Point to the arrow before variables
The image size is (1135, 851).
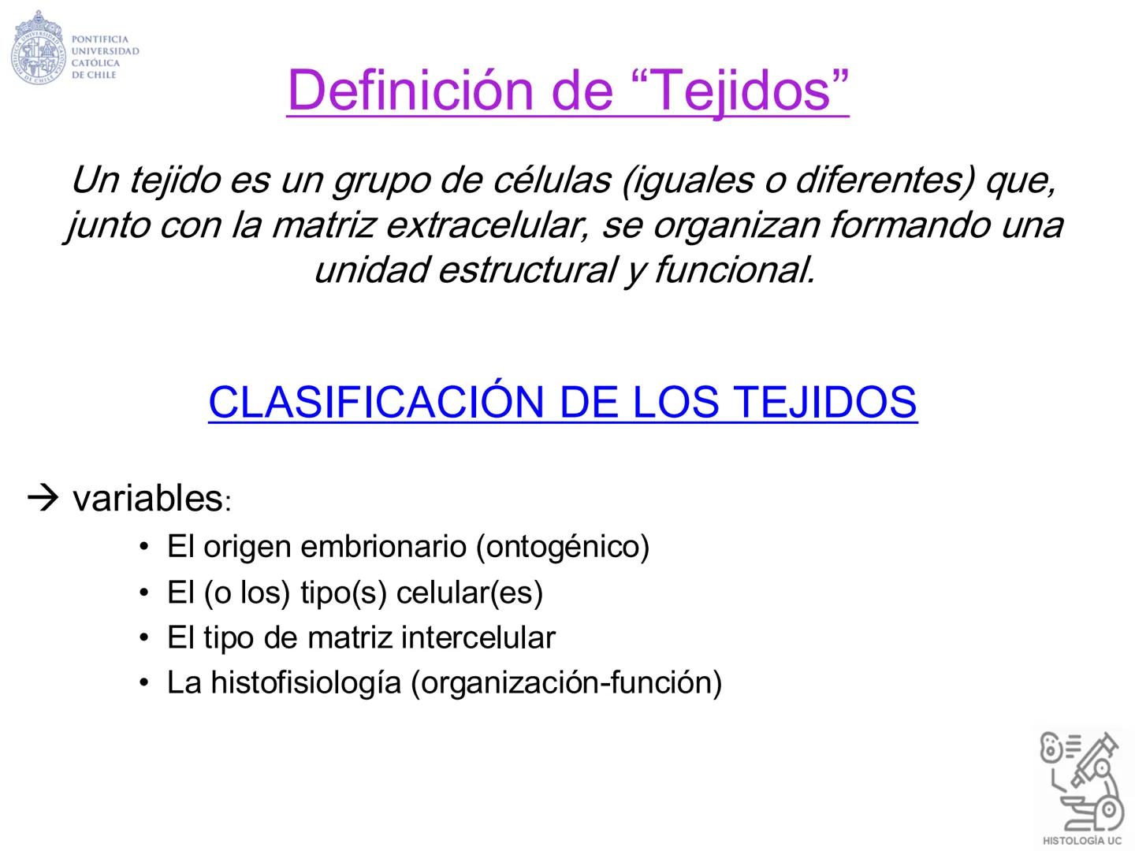pos(43,498)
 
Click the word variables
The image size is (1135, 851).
pos(147,498)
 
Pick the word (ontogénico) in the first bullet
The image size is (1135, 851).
pos(563,546)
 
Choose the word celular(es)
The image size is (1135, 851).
pos(470,593)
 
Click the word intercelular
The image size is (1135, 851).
pos(478,637)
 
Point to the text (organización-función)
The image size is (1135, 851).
pos(567,682)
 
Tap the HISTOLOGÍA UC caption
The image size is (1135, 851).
pos(1081,840)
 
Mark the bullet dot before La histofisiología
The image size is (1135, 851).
pos(143,682)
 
